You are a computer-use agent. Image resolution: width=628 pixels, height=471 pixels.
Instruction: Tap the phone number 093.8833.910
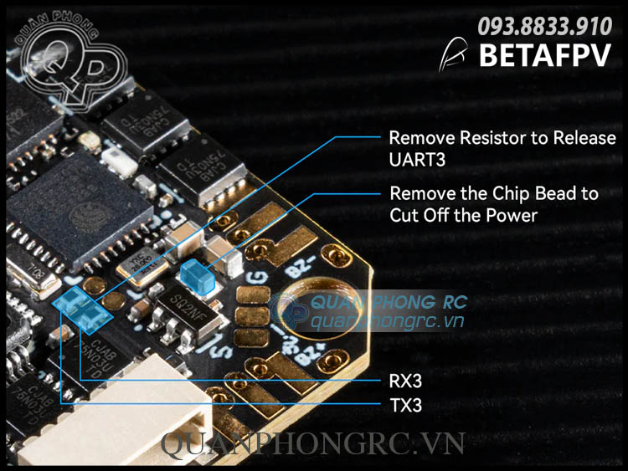tap(544, 27)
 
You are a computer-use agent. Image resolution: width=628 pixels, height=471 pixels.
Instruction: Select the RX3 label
tap(405, 381)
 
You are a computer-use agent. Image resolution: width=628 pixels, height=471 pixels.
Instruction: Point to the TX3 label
tap(405, 407)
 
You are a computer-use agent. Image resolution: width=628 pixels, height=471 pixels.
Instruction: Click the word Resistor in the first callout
tap(485, 138)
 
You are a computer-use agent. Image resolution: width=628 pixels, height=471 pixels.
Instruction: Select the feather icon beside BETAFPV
tap(456, 54)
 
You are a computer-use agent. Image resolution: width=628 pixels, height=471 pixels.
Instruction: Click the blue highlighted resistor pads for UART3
tap(82, 308)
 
